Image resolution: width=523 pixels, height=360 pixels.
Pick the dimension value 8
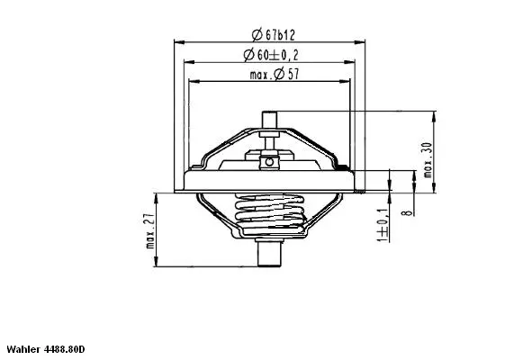[406, 213]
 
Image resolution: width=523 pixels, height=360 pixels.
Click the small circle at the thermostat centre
[267, 162]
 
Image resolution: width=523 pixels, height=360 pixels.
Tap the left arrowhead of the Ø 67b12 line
[176, 41]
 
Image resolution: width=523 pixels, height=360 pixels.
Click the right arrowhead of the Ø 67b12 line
[360, 41]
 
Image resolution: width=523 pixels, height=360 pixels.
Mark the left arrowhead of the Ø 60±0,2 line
[187, 62]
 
